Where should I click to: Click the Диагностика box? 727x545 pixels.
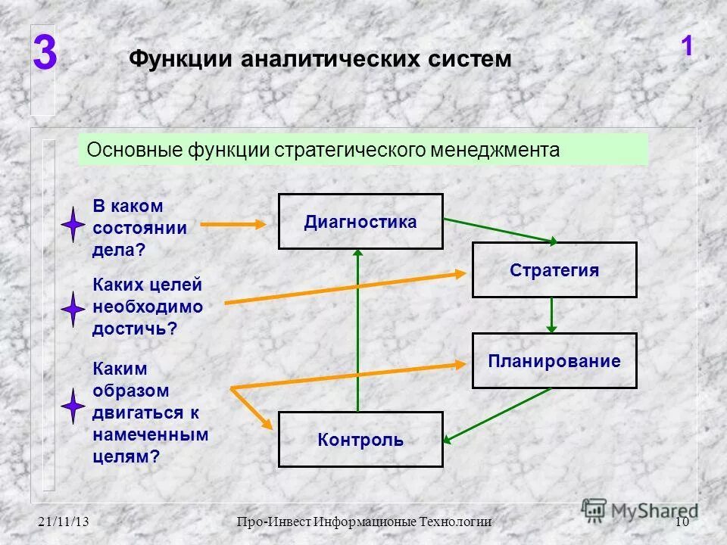(x=360, y=221)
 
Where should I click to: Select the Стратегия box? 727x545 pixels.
(x=554, y=270)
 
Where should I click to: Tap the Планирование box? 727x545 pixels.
(x=554, y=361)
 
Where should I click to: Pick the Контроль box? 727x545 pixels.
(x=360, y=440)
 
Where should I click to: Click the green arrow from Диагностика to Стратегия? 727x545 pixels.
(x=500, y=230)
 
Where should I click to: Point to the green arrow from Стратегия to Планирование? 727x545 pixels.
(x=551, y=315)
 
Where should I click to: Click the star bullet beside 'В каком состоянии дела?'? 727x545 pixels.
(x=73, y=224)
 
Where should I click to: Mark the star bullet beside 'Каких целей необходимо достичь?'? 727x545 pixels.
(x=73, y=309)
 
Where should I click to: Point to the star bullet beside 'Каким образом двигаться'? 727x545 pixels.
(x=73, y=406)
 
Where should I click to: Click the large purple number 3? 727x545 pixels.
(x=45, y=55)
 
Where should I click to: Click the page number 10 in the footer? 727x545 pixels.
(x=681, y=522)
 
